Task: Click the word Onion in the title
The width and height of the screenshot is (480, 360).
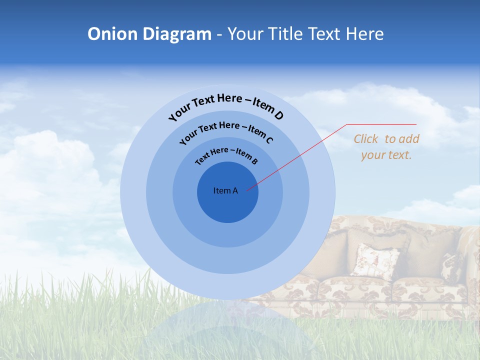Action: coord(112,34)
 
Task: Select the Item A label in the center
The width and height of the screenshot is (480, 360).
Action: coord(225,190)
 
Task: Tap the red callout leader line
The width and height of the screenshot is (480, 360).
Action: coord(300,155)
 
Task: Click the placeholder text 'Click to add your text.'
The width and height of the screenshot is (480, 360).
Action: coord(386,147)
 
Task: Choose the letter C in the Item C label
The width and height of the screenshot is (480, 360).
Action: coord(269,140)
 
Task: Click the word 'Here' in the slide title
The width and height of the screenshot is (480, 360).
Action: coord(363,34)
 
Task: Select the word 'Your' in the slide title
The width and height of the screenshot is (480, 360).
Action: coord(245,34)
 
